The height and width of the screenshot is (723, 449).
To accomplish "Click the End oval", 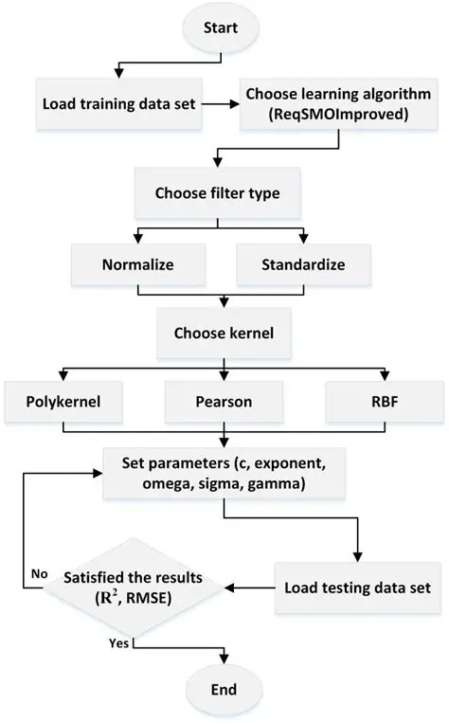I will tap(224, 688).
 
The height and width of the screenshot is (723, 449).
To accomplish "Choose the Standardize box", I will tap(303, 265).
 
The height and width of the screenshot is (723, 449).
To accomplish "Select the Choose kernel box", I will tap(224, 334).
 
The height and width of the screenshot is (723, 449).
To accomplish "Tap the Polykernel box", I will tap(63, 402).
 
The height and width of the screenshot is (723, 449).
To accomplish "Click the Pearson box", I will tap(224, 402).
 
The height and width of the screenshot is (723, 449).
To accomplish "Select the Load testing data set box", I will tap(358, 587).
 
